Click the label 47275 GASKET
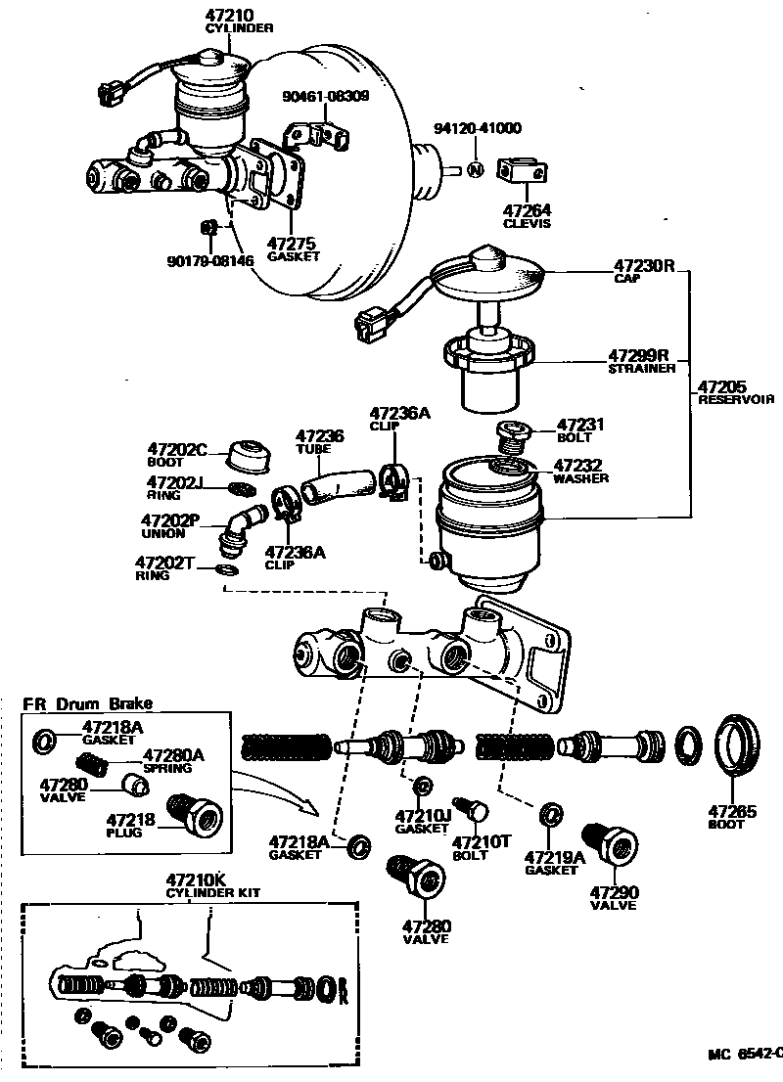293,248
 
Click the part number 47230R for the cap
645,265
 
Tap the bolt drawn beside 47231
512,433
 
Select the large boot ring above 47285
740,746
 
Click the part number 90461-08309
325,96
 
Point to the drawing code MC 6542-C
745,1054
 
